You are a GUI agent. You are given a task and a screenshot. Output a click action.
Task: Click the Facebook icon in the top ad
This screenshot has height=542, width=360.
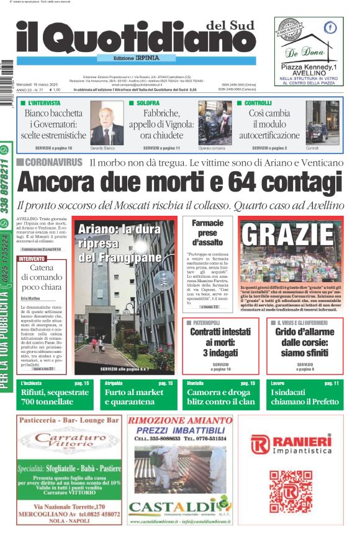click(x=331, y=27)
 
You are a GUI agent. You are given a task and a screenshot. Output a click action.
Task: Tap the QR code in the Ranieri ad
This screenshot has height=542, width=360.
click(x=290, y=490)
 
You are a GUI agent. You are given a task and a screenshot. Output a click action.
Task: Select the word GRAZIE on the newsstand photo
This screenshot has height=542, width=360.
click(x=287, y=235)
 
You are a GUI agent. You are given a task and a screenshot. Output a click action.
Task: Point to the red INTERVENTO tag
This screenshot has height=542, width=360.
click(x=32, y=258)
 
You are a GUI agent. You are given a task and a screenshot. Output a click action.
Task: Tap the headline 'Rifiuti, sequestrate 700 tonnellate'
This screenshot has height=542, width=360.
click(x=50, y=398)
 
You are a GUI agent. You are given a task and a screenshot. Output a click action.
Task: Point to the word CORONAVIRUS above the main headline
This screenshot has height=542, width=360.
click(x=54, y=162)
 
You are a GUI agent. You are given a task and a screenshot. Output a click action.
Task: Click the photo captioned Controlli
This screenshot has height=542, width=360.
click(x=322, y=123)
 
